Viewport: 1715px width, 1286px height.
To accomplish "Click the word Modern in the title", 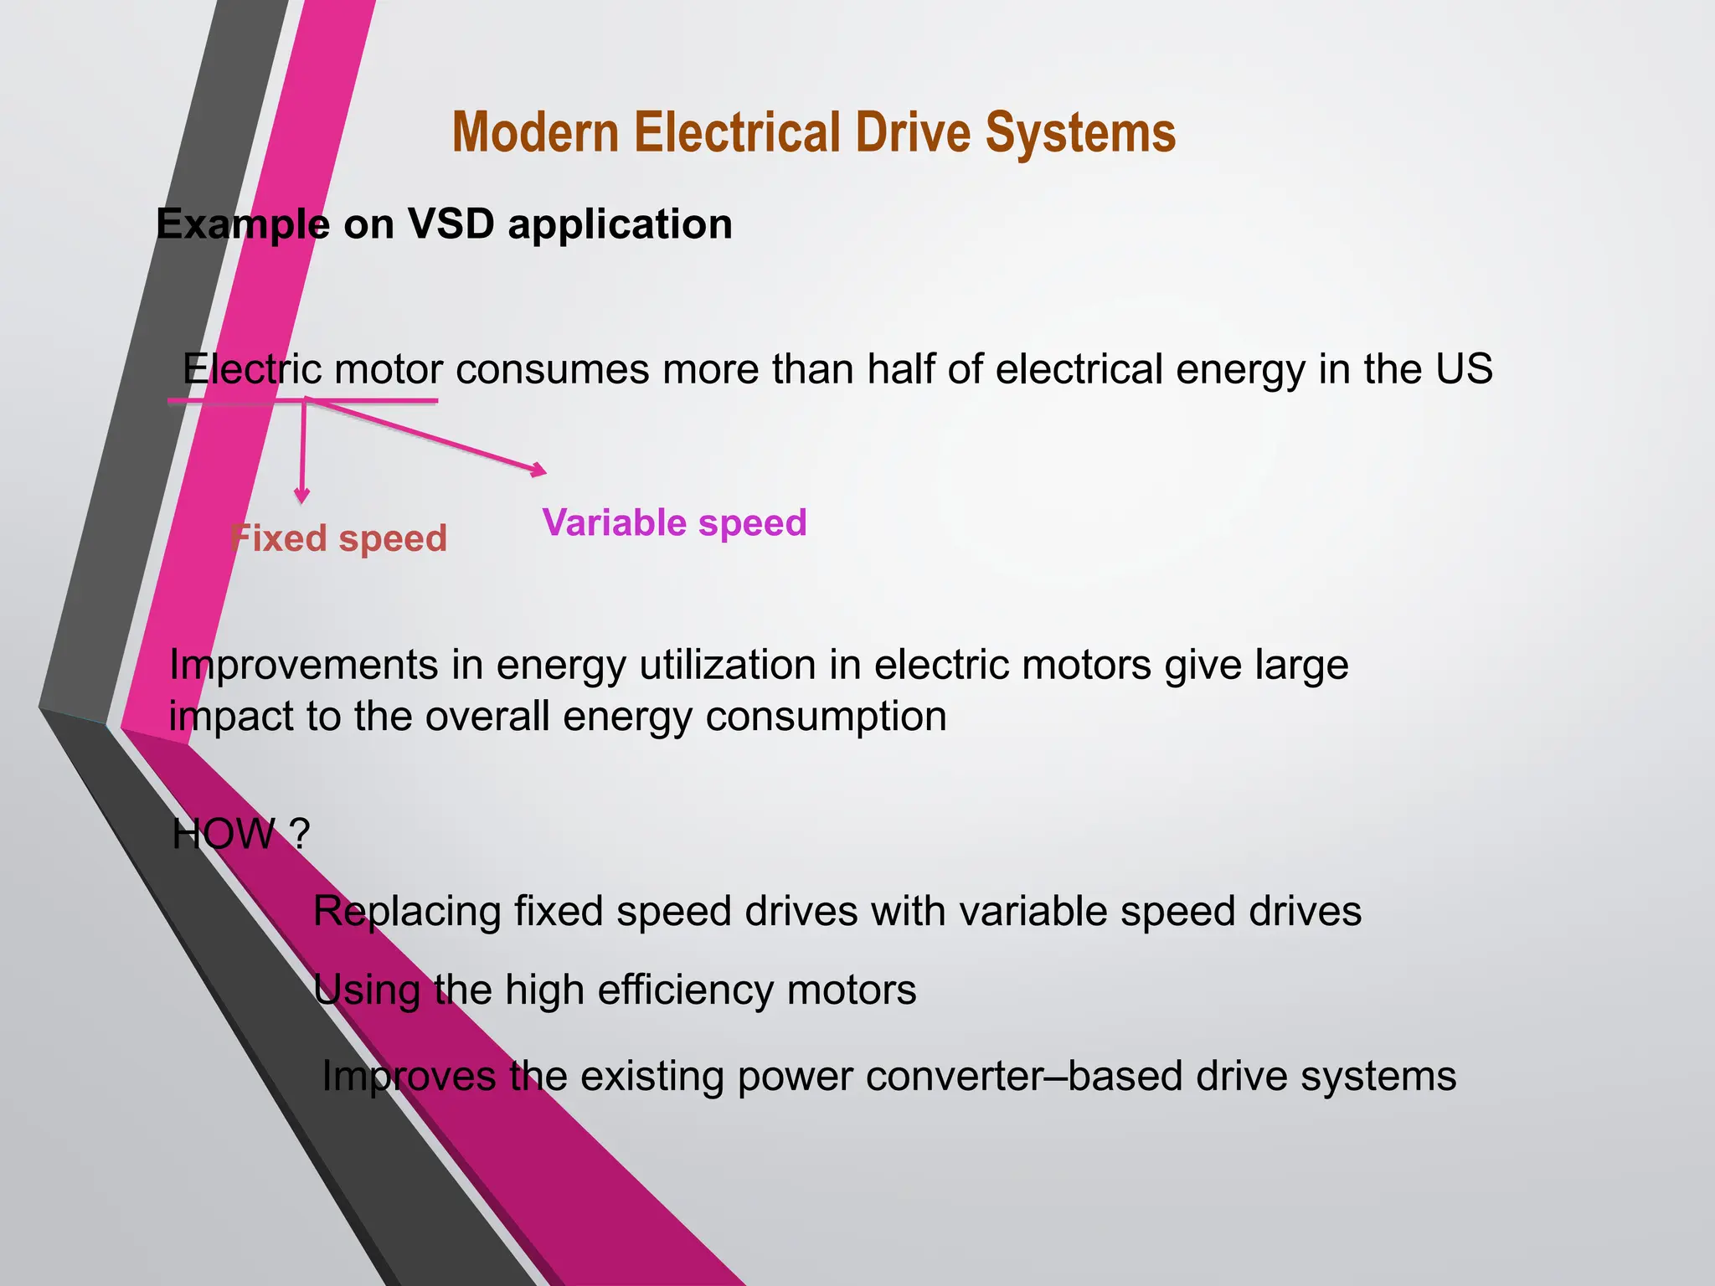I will coord(536,134).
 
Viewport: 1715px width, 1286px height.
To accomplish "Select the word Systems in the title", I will coord(1080,134).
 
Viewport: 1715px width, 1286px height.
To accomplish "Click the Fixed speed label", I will coord(338,538).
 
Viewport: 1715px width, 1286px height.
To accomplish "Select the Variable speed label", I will coord(674,523).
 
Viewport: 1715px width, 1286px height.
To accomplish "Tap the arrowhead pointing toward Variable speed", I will coord(538,471).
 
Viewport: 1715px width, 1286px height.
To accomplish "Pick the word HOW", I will coord(223,835).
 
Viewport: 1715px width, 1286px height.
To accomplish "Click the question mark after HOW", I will coord(300,835).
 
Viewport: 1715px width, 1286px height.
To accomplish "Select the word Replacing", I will coord(406,912).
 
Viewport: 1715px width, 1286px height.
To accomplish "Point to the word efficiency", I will coord(685,990).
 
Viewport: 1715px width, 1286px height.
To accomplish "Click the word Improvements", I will coord(303,666).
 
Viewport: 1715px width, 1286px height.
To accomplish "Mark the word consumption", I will coord(826,718).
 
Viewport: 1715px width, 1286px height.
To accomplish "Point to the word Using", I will coord(366,991).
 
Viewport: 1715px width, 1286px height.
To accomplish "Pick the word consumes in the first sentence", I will coord(552,370).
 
